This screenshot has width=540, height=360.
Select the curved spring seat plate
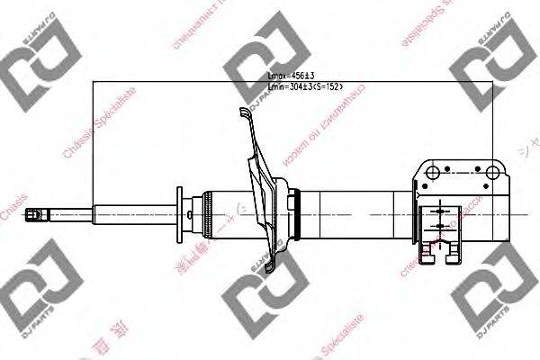click(262, 193)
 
